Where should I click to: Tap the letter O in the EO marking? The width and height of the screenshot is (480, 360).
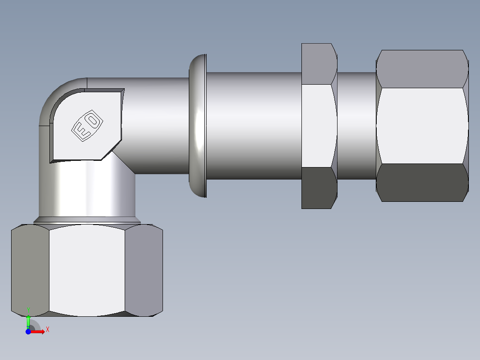[x=93, y=120]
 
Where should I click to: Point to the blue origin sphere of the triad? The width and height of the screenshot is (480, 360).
[x=28, y=331]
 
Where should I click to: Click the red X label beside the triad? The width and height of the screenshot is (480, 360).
[x=47, y=329]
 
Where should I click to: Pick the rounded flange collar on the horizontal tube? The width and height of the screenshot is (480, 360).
[x=198, y=126]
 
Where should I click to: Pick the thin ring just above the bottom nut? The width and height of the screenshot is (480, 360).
[x=87, y=220]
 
